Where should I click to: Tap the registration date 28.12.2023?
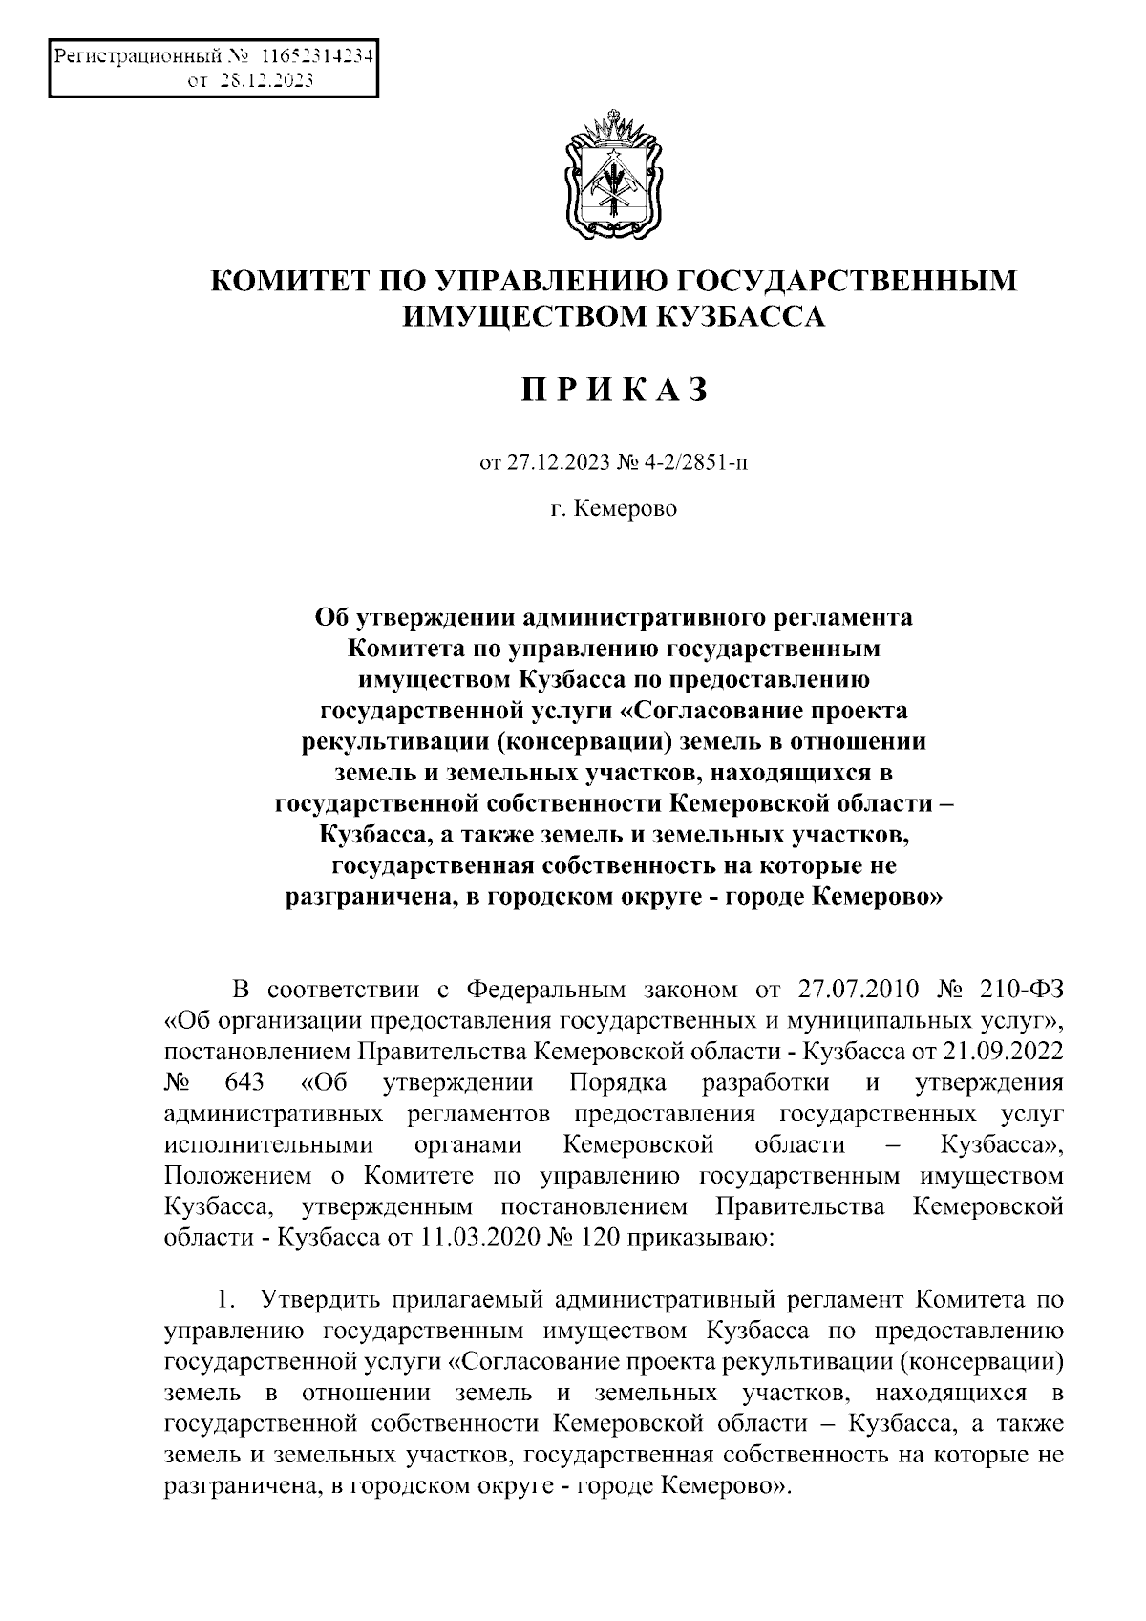[266, 81]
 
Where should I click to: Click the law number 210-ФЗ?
[1015, 986]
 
